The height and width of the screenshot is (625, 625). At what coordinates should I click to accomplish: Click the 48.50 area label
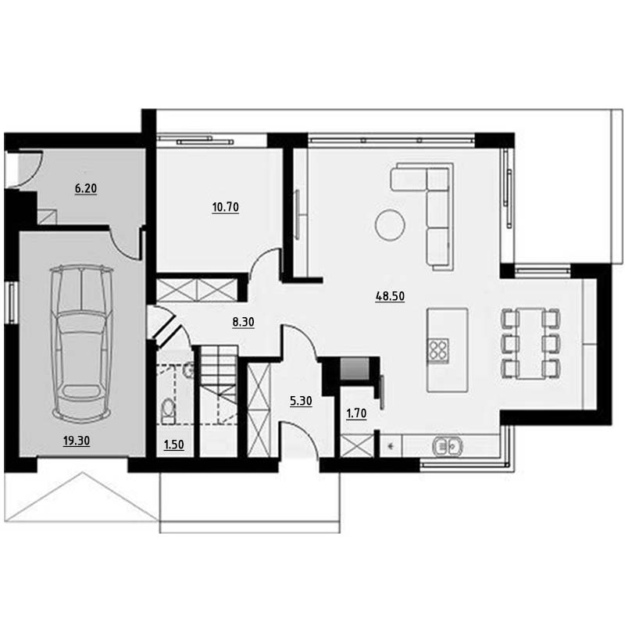tap(390, 297)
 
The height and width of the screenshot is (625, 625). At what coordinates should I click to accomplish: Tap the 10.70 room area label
tap(225, 207)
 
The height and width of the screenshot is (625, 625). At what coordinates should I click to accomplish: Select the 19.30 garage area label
tap(77, 441)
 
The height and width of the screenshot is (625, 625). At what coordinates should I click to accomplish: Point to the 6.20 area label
tap(86, 188)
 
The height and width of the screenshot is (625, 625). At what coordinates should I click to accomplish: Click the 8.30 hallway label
tap(243, 322)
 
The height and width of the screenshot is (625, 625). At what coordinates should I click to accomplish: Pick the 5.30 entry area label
tap(301, 401)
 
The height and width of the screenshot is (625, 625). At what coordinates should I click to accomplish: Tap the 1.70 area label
tap(356, 414)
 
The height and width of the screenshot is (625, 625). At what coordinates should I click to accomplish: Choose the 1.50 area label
tap(173, 445)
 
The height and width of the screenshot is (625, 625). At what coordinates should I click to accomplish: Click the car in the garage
tap(81, 344)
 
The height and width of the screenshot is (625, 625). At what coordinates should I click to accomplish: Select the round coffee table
tap(390, 225)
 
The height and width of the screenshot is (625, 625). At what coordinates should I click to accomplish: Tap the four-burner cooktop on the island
tap(437, 350)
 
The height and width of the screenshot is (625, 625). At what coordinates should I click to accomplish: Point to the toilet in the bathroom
tap(169, 412)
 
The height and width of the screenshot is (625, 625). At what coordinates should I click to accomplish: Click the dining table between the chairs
tap(530, 343)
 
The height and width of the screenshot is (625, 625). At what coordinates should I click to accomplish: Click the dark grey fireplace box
tap(355, 369)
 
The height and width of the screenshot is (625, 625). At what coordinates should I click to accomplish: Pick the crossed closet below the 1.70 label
tap(357, 445)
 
